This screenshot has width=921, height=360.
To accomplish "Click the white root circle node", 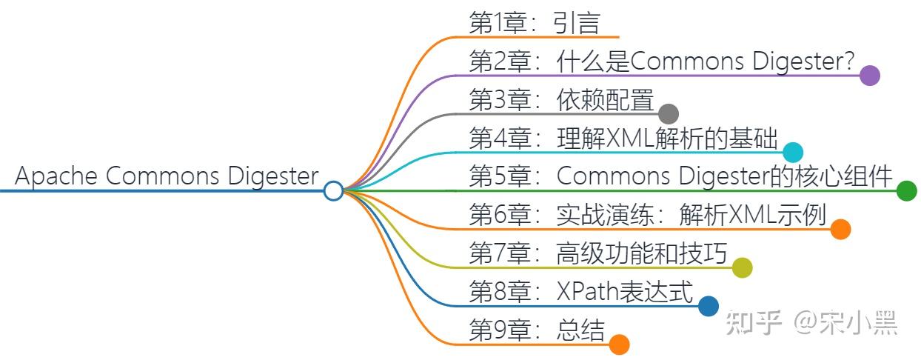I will point(334,191).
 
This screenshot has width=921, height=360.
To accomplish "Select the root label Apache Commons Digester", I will point(167,176).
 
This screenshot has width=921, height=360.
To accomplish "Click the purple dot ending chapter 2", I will point(870,76).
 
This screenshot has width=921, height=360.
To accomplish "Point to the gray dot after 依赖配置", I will point(669,113).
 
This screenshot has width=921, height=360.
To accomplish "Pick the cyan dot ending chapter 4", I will point(793,152).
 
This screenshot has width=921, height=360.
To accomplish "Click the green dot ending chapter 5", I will point(906,191).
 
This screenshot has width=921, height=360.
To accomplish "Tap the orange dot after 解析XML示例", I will point(840,230).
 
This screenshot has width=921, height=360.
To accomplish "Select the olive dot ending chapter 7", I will point(742,268).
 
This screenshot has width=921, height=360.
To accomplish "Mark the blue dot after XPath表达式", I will point(709,306).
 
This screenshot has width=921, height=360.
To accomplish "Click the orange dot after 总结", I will point(619,344).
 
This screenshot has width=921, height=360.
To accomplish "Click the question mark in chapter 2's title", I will point(848,61).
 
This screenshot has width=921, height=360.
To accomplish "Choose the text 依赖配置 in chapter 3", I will point(606,99).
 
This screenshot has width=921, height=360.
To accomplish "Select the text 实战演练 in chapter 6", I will point(606,215).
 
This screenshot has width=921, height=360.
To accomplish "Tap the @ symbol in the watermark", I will point(807,322).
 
